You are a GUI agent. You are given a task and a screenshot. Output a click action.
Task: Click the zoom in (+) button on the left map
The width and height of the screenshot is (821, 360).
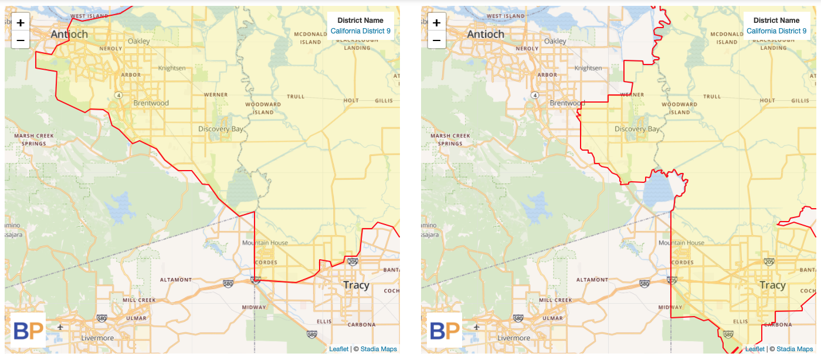(x=21, y=23)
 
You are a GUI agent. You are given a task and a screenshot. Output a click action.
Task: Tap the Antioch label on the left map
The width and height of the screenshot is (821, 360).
(x=69, y=34)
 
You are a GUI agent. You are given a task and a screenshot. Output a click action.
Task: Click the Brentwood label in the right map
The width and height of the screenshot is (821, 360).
(x=567, y=103)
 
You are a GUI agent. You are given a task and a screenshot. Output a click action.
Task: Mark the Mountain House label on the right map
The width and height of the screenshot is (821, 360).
(x=681, y=243)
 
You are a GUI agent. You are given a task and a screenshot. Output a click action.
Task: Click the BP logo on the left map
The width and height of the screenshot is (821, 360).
(x=28, y=330)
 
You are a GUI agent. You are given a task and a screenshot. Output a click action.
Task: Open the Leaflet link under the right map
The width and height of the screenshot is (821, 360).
(x=755, y=349)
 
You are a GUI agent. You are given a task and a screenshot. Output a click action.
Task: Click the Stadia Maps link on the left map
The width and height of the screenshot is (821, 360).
(x=378, y=349)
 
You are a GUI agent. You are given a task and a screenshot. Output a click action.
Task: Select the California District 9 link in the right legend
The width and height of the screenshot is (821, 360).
(x=776, y=31)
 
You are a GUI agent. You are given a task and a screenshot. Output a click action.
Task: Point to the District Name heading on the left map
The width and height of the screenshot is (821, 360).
(x=360, y=21)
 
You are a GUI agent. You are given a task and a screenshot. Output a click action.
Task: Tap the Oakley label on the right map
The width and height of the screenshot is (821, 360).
(x=555, y=42)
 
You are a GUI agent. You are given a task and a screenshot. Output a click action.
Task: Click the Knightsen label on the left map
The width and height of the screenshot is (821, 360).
(x=171, y=68)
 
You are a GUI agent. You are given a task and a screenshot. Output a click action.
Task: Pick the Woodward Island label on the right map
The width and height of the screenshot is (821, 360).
(x=680, y=108)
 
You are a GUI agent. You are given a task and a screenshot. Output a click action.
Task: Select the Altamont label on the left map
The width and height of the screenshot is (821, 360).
(x=176, y=280)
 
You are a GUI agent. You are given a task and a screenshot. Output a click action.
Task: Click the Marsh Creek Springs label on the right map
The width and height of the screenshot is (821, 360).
(x=450, y=140)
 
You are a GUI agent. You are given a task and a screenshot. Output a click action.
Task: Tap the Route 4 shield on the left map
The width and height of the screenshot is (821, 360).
(x=118, y=94)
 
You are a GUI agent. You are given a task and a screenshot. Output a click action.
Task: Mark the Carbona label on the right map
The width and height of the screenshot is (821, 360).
(x=779, y=324)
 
